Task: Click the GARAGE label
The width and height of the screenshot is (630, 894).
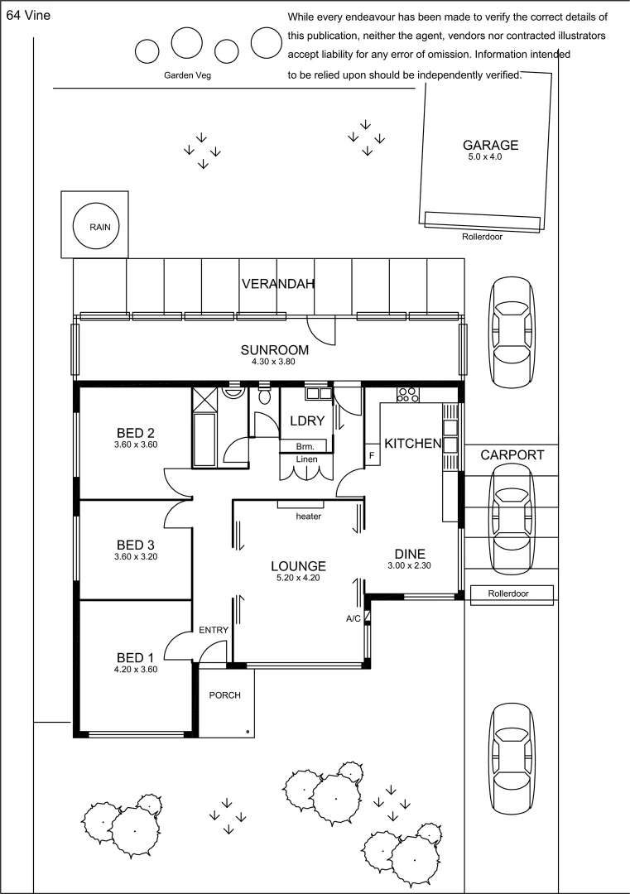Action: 490,145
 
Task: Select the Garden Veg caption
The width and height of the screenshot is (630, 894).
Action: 188,75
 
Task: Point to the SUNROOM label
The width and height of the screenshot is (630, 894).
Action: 274,349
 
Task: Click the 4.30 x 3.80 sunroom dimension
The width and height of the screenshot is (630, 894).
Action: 274,362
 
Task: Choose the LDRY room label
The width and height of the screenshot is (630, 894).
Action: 307,421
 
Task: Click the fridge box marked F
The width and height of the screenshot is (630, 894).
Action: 373,455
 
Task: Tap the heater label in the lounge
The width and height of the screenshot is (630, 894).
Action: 309,517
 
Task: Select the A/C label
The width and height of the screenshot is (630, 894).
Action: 353,618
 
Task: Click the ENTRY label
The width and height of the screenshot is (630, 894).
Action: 214,630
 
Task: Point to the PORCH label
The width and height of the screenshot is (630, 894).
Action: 224,695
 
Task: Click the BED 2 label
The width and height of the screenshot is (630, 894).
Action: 136,433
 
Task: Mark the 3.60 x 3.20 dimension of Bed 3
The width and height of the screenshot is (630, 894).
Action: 136,557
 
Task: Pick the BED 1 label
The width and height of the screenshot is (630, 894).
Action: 135,658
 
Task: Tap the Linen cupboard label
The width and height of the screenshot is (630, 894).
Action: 307,459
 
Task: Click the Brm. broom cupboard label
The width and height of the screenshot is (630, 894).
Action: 305,447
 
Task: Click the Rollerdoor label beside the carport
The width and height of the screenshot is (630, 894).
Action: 508,594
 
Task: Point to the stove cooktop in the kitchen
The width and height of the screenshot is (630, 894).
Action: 407,395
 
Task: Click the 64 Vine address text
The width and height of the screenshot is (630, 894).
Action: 28,16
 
